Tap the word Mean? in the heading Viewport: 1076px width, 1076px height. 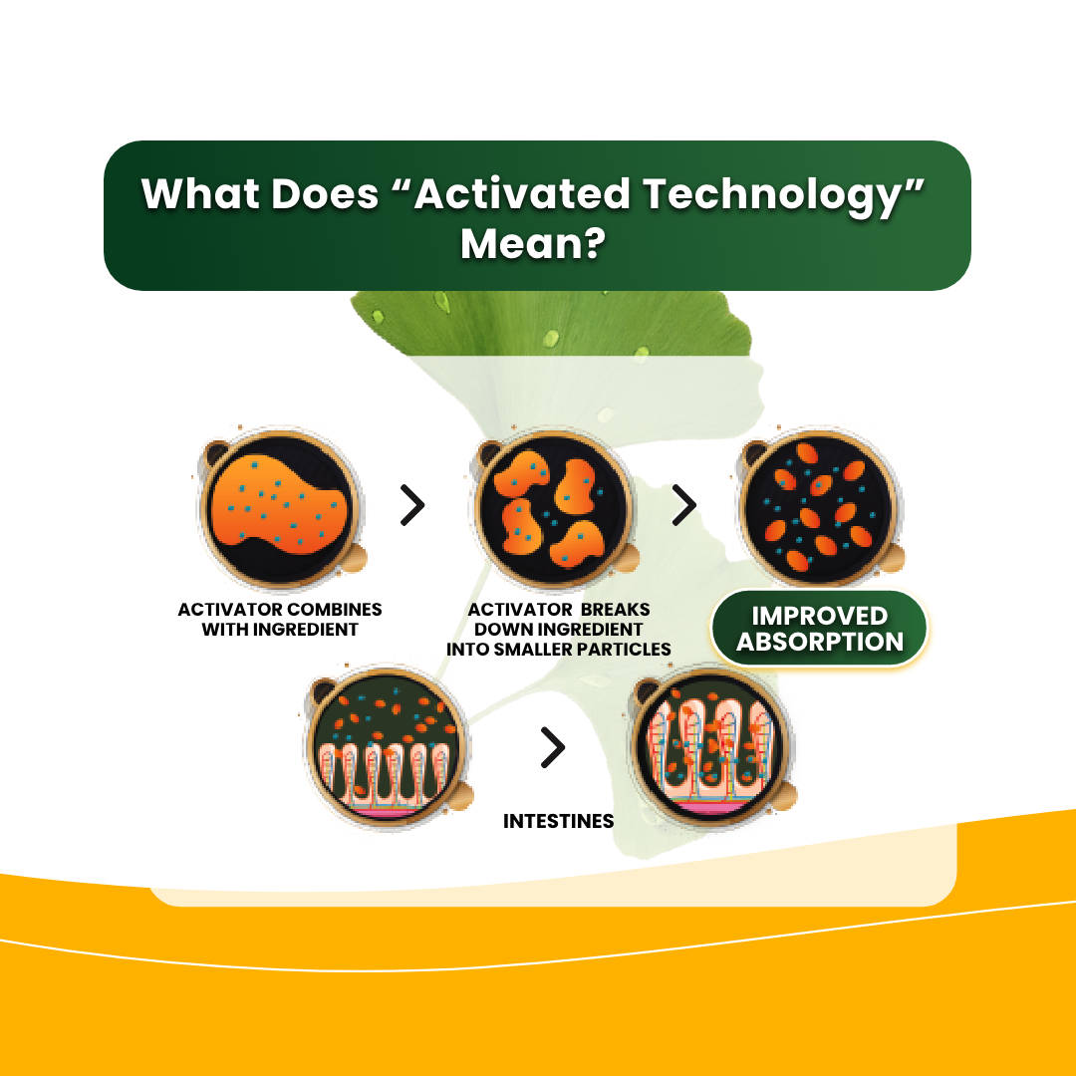coord(533,243)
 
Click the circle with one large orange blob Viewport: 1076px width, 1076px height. coord(280,508)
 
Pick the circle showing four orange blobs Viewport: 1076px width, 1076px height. coord(554,508)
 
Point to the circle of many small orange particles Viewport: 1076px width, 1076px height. coord(819,508)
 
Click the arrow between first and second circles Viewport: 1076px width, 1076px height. coord(412,506)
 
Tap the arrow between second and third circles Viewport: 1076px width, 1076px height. coord(684,505)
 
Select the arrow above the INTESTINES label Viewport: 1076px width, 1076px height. coord(553,746)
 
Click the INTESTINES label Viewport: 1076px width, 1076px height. coord(559,821)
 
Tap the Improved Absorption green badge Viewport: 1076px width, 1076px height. coord(819,629)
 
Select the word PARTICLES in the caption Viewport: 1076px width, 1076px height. coord(621,650)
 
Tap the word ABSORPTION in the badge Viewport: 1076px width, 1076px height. coord(820,643)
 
